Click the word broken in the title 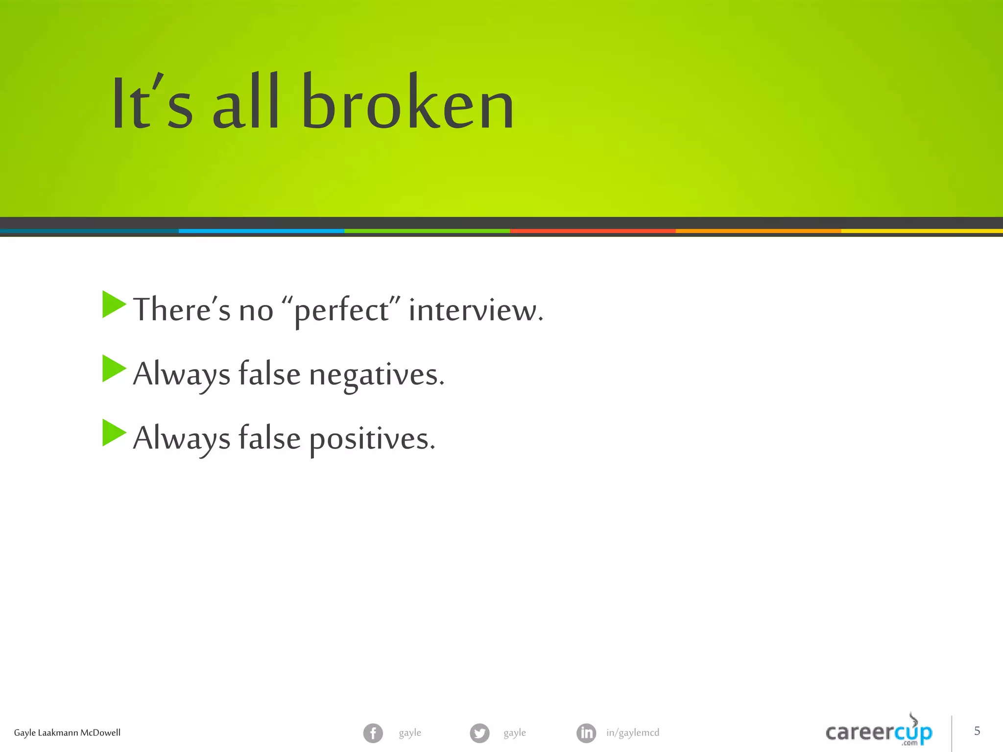tap(407, 103)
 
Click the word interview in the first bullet tap(475, 310)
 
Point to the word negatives tap(376, 375)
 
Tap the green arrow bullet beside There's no tap(114, 305)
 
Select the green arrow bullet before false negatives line tap(114, 369)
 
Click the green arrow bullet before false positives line tap(114, 433)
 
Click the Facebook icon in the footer tap(373, 733)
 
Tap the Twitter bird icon tap(479, 733)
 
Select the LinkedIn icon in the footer tap(586, 733)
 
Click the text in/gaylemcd tap(632, 733)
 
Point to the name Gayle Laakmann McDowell tap(67, 733)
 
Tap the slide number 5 tap(977, 731)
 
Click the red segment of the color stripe tap(593, 231)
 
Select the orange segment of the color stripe tap(758, 231)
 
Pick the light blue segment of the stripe tap(261, 231)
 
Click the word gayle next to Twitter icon tap(515, 733)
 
